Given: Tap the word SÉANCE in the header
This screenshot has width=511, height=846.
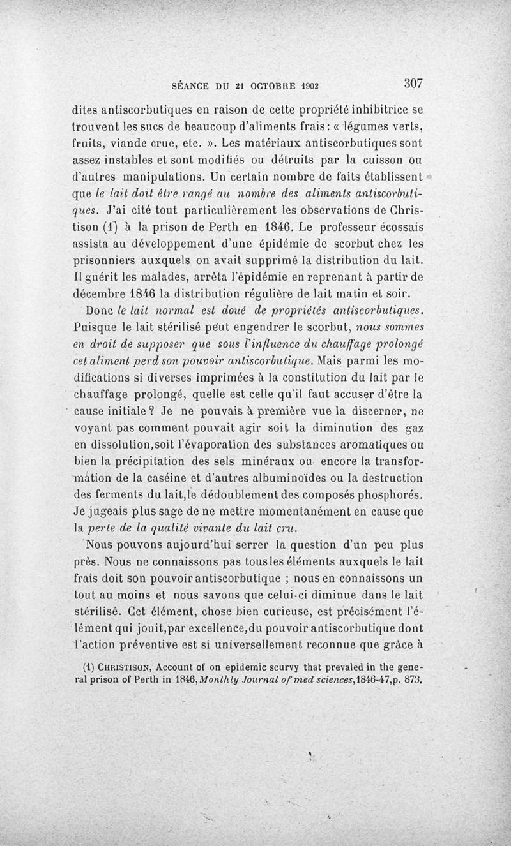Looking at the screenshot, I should tap(191, 84).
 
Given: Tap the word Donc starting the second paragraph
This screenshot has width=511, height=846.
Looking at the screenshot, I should tap(100, 311).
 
